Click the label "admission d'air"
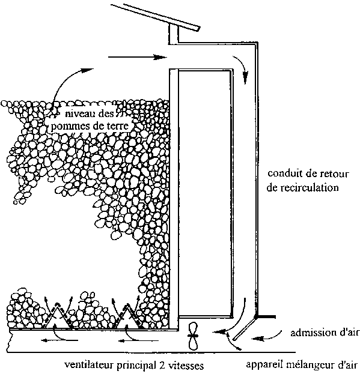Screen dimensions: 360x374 point(325,333)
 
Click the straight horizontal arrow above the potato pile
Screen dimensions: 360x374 point(137,57)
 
